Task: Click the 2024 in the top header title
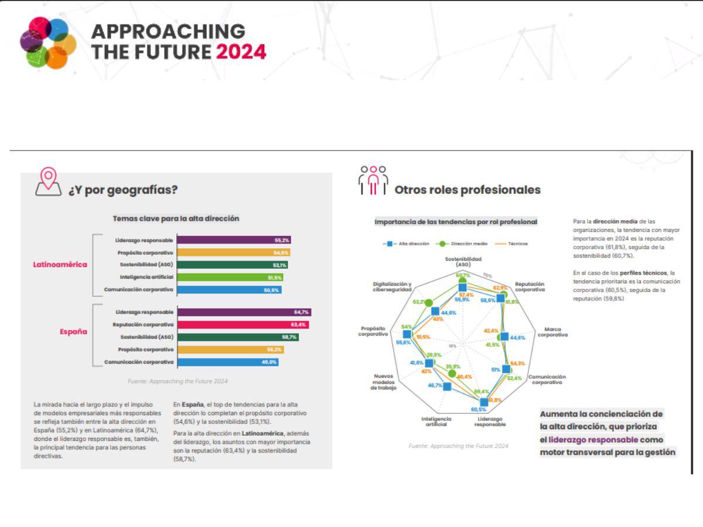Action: pos(241,52)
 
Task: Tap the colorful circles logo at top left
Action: pos(47,42)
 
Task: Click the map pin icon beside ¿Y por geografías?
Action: pos(48,182)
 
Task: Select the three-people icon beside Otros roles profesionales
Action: pos(373,180)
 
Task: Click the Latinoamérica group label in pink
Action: pos(60,264)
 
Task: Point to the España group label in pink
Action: pos(73,331)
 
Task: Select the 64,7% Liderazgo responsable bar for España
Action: pos(244,313)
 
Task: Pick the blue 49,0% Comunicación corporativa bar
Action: pos(227,362)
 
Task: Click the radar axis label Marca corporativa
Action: pos(552,332)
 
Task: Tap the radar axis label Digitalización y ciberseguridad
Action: pos(392,286)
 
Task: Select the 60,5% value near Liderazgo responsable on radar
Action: pos(479,409)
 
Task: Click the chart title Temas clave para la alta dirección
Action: pos(176,218)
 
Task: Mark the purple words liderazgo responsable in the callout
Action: pos(593,439)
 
